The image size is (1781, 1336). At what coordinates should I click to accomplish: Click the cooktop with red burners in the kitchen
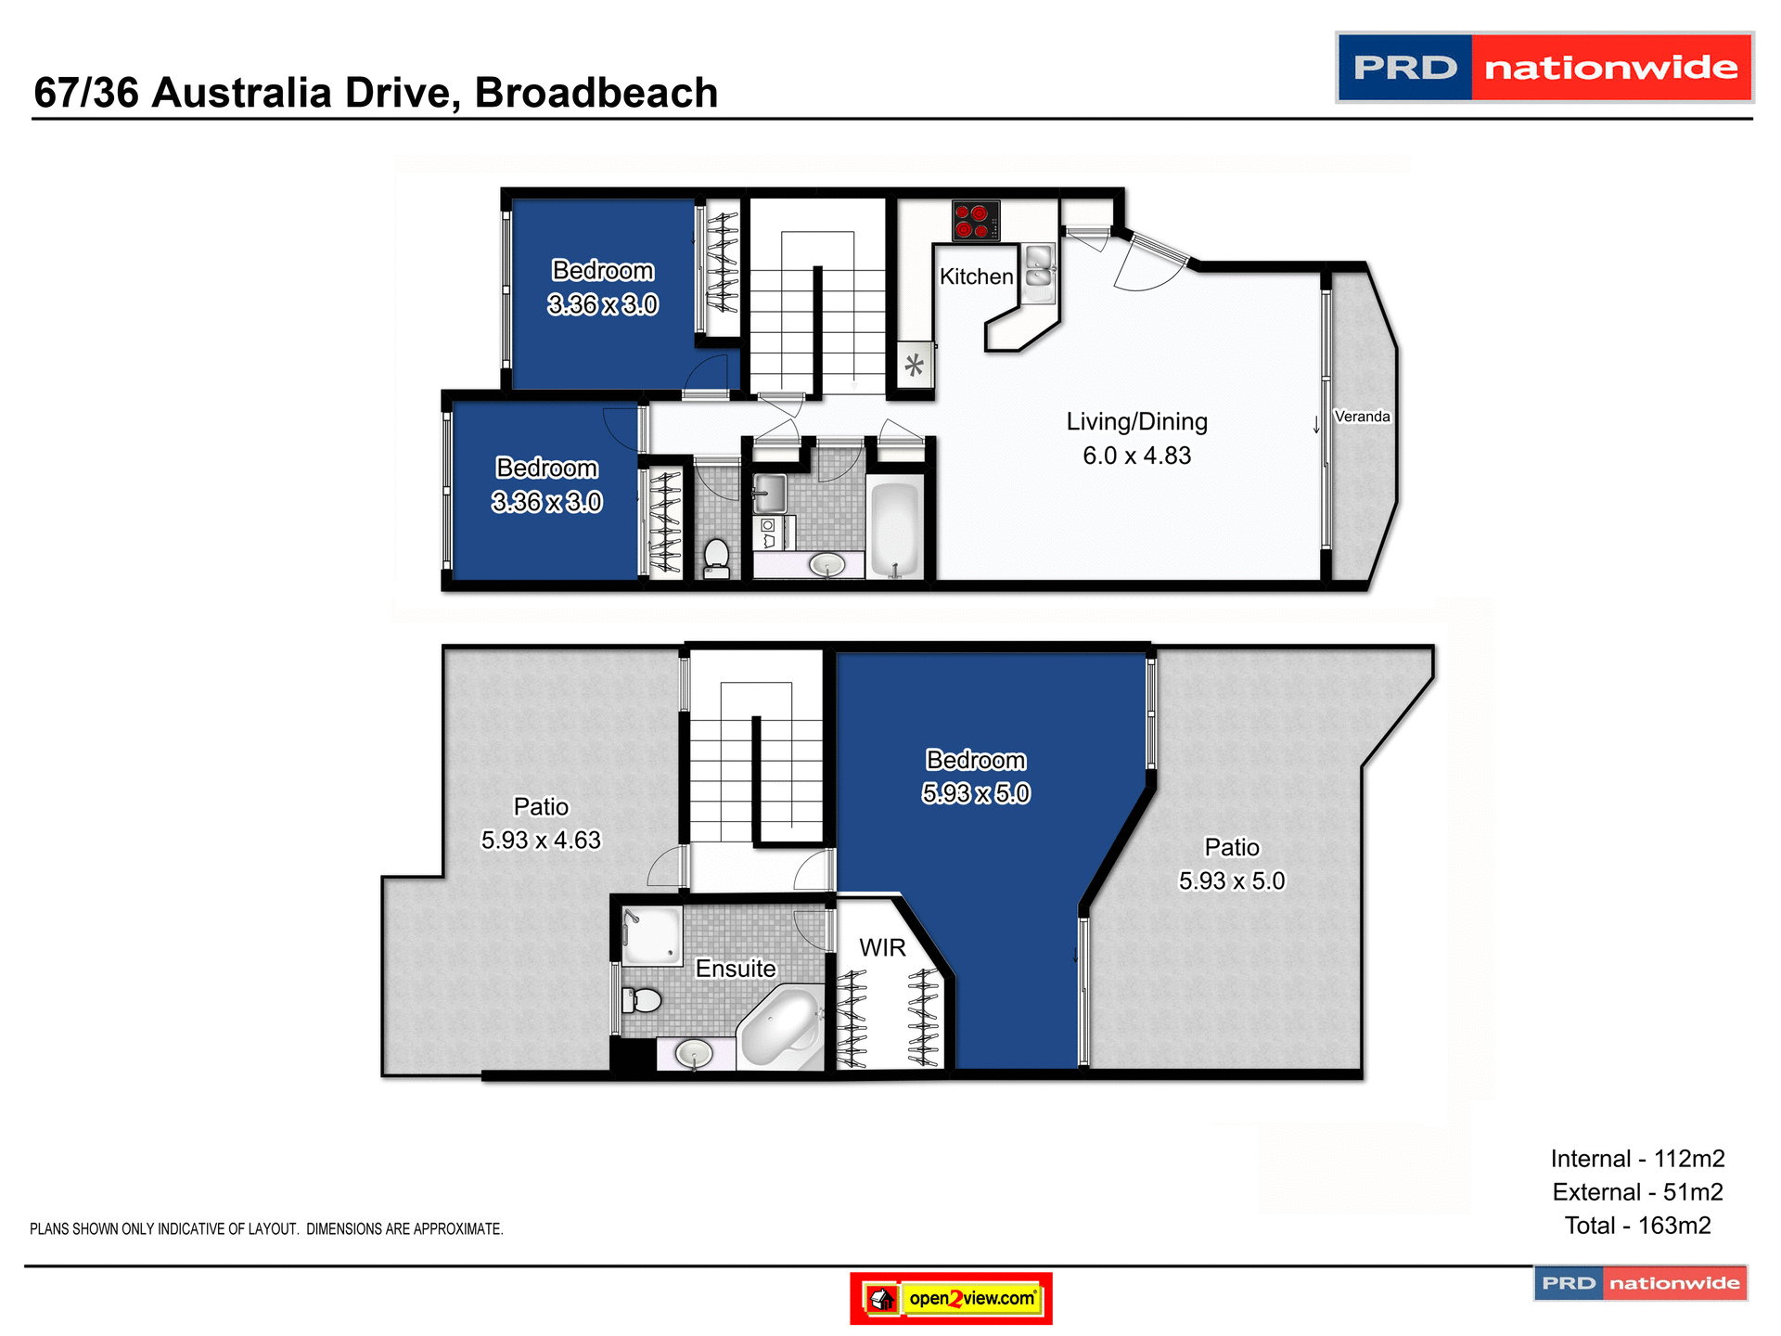click(976, 221)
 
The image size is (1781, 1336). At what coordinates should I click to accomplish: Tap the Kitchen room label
click(976, 276)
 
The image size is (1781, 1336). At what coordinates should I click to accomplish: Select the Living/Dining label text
click(1136, 422)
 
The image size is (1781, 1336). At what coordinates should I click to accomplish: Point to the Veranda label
click(1362, 417)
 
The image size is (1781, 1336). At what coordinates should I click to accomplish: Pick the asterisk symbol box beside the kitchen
click(915, 365)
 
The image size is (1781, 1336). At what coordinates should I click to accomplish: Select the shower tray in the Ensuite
click(651, 935)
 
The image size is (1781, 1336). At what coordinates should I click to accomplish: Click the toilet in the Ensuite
click(642, 1000)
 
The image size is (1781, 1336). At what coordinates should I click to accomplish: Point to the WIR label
click(882, 948)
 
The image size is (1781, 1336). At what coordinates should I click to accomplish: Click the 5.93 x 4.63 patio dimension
click(541, 841)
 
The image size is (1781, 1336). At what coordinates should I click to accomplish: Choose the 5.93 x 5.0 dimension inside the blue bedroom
click(976, 794)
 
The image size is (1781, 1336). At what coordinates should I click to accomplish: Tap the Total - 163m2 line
click(1637, 1226)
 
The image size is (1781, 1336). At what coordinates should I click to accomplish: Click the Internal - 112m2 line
click(1637, 1159)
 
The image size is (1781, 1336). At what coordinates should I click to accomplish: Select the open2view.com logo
click(951, 1298)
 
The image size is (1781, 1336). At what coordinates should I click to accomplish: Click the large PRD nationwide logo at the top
click(1544, 68)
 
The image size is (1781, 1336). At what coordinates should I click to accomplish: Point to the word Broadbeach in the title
click(596, 93)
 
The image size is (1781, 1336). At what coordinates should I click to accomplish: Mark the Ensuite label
click(736, 969)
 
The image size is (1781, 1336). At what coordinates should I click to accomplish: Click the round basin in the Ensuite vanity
click(694, 1053)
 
